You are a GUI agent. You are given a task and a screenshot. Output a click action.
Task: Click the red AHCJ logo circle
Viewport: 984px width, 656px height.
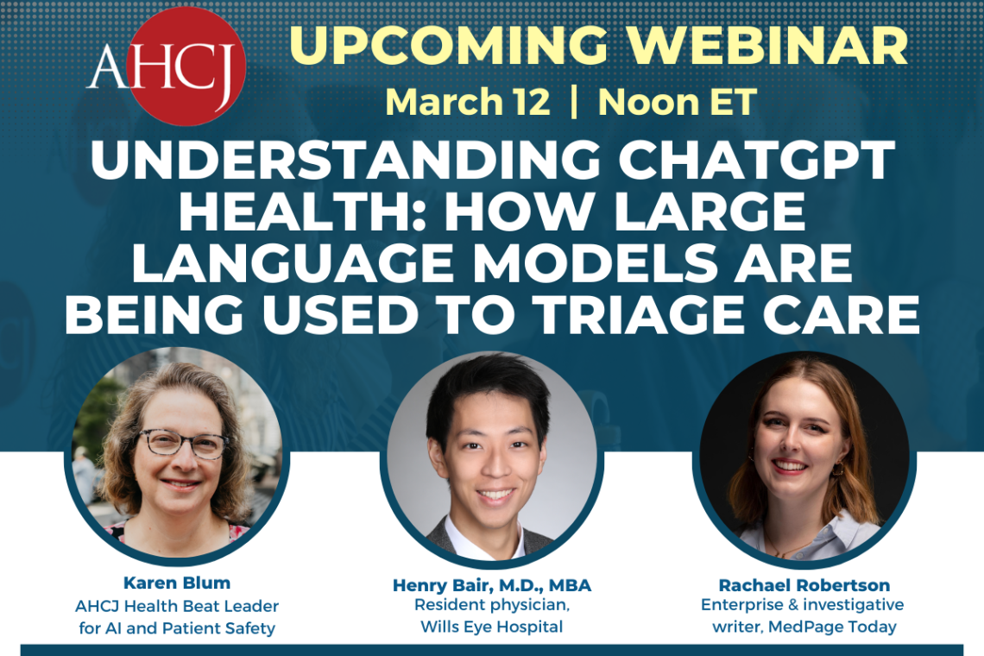(186, 66)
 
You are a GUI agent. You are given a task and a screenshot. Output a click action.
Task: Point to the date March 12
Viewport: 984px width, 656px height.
(467, 102)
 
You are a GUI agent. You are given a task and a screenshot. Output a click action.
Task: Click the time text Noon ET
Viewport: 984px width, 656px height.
(677, 102)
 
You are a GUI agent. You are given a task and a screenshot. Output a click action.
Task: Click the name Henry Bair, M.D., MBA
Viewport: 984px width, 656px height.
(492, 586)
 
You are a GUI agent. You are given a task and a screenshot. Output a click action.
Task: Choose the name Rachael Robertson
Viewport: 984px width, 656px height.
(804, 586)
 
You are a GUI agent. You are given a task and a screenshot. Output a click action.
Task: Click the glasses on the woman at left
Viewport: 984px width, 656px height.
(182, 444)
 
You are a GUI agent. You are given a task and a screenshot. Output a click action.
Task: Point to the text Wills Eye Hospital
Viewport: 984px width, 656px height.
(492, 627)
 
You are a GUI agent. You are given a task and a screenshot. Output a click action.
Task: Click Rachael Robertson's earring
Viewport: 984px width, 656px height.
(836, 470)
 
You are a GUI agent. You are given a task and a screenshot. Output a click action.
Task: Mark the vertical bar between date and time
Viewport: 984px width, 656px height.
(574, 102)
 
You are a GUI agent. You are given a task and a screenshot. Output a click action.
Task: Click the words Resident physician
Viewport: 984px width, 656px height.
(492, 606)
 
